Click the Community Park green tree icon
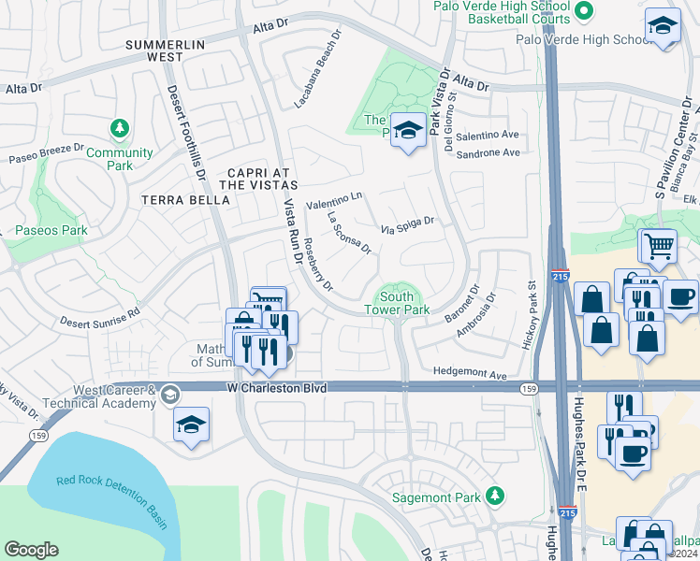119,127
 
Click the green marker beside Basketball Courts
584,11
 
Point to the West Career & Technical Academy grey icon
169,394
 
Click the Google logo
31,550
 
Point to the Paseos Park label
51,230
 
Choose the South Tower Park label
397,303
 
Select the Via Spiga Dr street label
408,225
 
